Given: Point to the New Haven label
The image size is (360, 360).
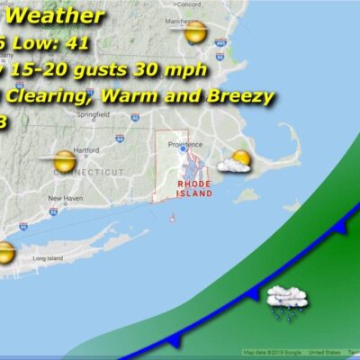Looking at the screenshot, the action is pyautogui.click(x=64, y=198).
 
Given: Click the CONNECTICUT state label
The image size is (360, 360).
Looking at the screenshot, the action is pyautogui.click(x=90, y=170).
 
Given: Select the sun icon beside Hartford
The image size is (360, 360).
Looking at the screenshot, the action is pyautogui.click(x=64, y=163).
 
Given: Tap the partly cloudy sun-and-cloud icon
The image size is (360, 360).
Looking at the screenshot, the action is pyautogui.click(x=236, y=163).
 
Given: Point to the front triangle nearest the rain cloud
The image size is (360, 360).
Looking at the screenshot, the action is pyautogui.click(x=255, y=292).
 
